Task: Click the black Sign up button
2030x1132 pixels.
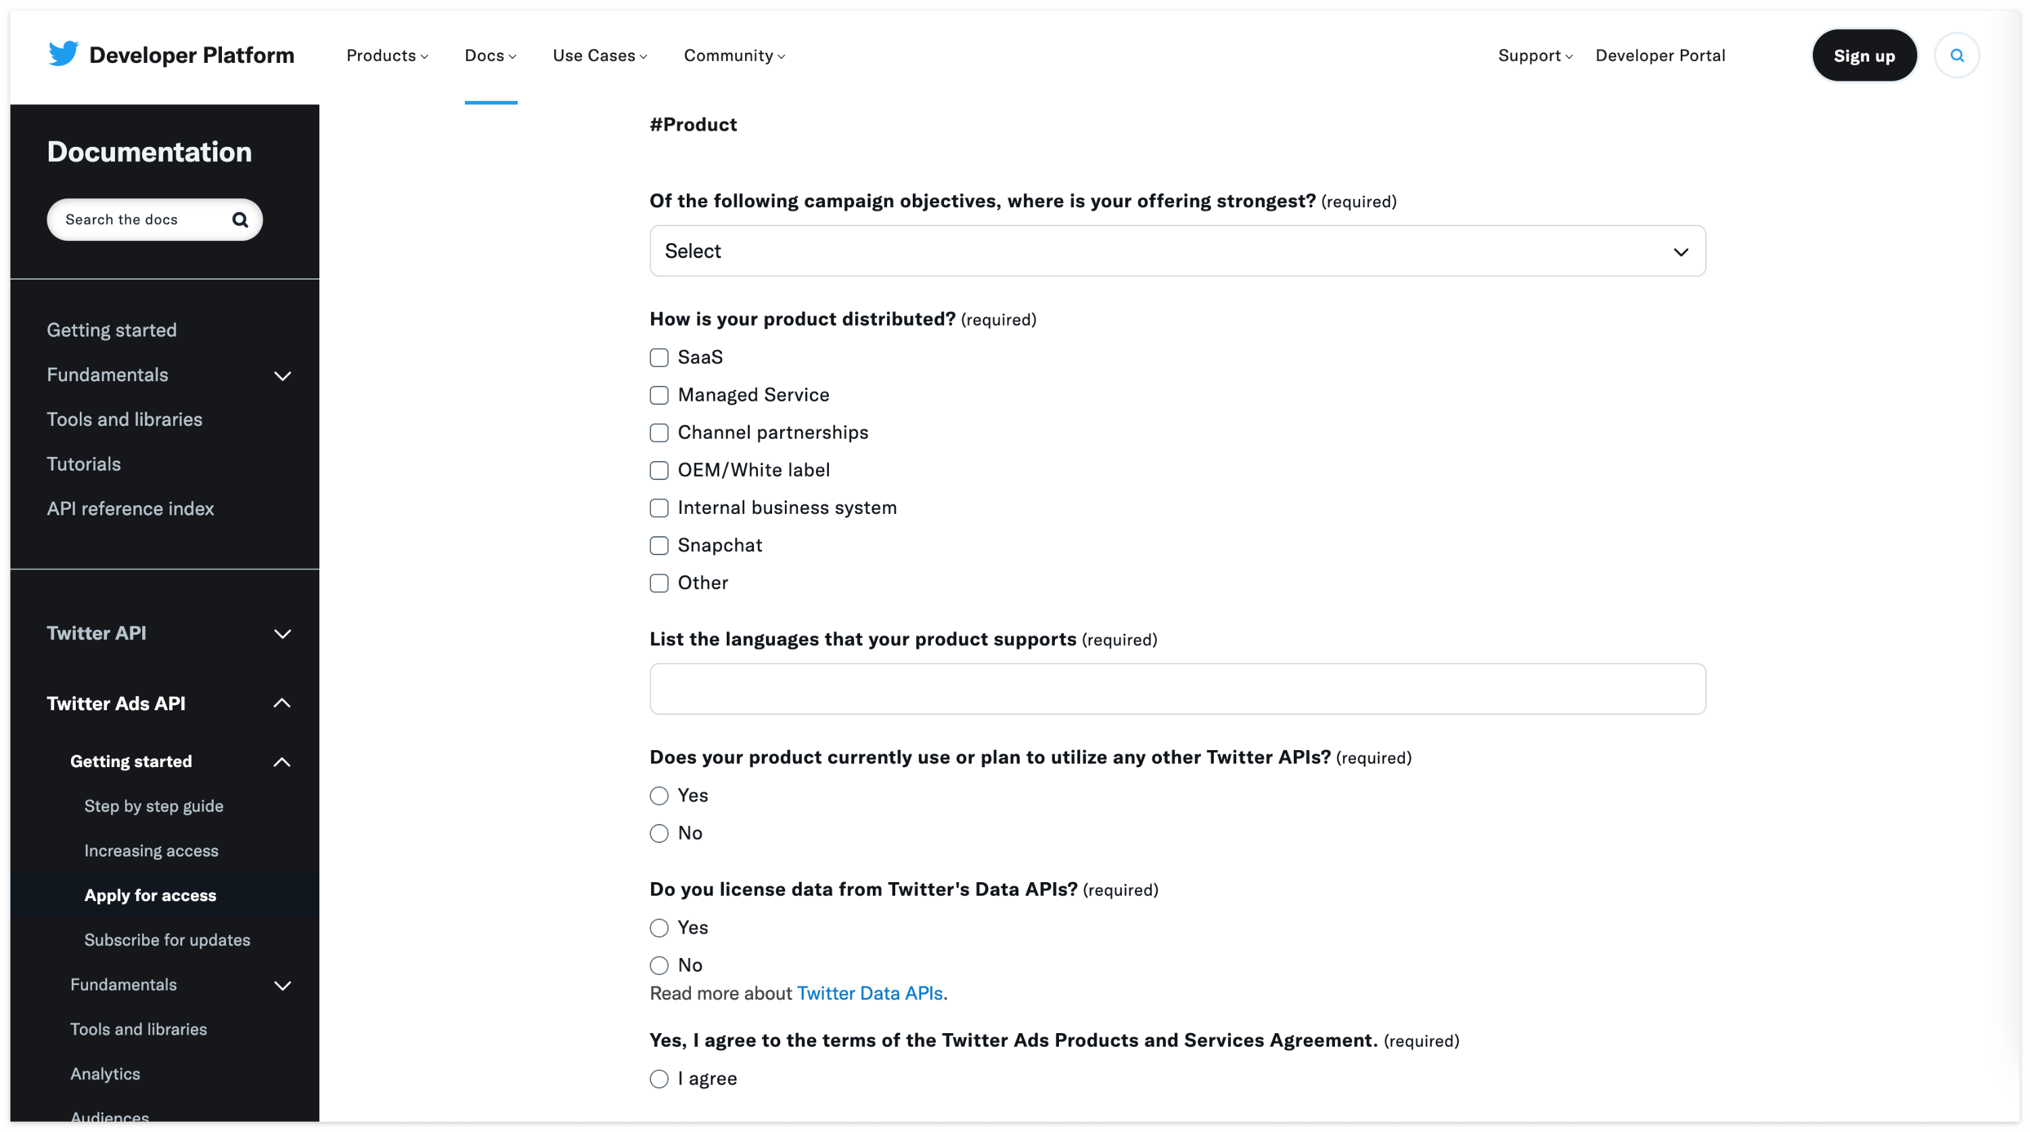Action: tap(1864, 56)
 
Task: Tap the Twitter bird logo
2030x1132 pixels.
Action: tap(63, 53)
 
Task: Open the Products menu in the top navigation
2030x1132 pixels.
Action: tap(387, 56)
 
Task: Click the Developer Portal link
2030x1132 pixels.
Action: tap(1660, 56)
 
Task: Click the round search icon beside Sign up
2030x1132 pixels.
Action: tap(1956, 56)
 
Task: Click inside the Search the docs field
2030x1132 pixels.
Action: tap(142, 219)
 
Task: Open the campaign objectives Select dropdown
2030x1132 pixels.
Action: tap(1177, 251)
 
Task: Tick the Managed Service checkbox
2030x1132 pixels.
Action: tap(659, 395)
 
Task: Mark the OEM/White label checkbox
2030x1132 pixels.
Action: tap(659, 471)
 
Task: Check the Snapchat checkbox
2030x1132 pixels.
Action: tap(659, 546)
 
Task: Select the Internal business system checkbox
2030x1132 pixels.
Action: tap(659, 508)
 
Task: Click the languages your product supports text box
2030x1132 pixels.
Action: tap(1177, 689)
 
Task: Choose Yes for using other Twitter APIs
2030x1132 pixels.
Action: tap(659, 796)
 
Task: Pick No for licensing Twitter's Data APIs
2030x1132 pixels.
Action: tap(659, 965)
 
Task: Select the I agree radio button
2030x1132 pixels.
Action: tap(659, 1079)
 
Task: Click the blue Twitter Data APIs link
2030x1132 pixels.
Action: tap(870, 993)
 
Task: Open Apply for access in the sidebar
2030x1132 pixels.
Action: tap(150, 896)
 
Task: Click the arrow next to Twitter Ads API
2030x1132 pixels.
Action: tap(281, 703)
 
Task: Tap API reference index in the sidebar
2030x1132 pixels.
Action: tap(130, 508)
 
